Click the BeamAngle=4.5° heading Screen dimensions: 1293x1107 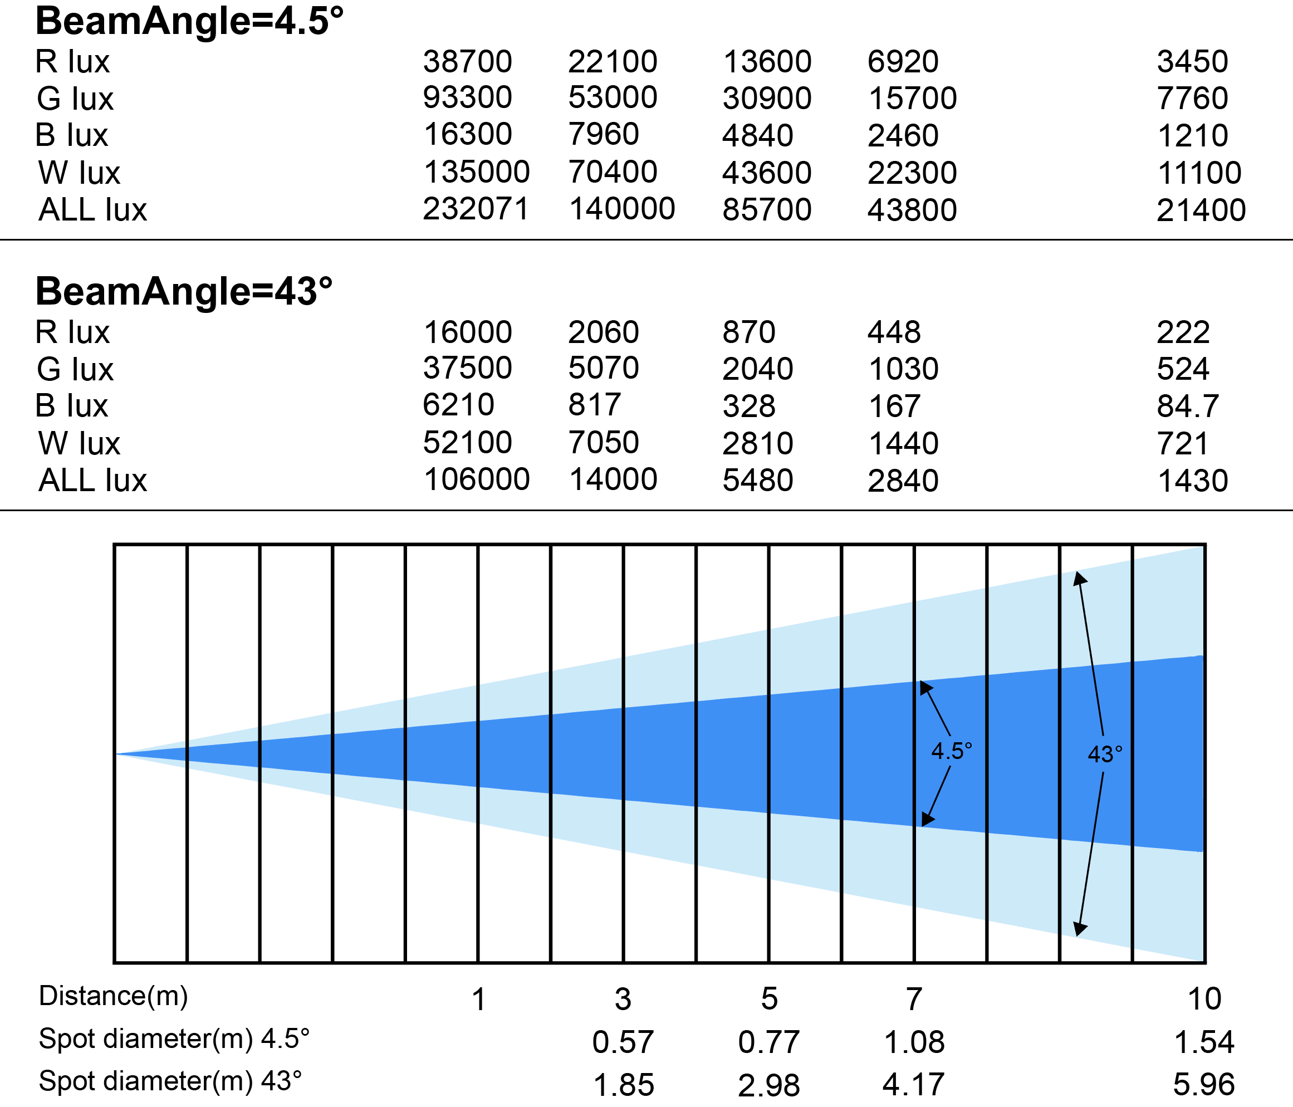tap(190, 21)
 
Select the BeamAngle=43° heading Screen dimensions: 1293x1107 tap(184, 291)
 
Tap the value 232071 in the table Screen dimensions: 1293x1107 tap(476, 208)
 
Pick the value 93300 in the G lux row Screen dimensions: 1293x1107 tap(467, 97)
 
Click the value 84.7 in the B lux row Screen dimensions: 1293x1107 tap(1188, 405)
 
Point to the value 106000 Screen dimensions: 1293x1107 tap(477, 479)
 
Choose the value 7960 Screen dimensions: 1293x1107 tap(604, 134)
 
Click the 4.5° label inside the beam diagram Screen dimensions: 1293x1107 tap(952, 751)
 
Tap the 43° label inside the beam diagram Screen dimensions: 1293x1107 tap(1105, 755)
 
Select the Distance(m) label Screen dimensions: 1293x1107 tap(114, 996)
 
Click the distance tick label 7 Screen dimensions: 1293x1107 tap(914, 999)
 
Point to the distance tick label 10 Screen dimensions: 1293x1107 tap(1204, 998)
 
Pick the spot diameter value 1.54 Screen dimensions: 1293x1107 tap(1204, 1041)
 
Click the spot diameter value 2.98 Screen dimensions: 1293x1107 tap(769, 1085)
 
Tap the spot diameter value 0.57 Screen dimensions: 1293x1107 tap(623, 1041)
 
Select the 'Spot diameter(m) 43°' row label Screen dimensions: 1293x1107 tap(170, 1081)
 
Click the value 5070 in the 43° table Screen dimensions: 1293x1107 tap(604, 368)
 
